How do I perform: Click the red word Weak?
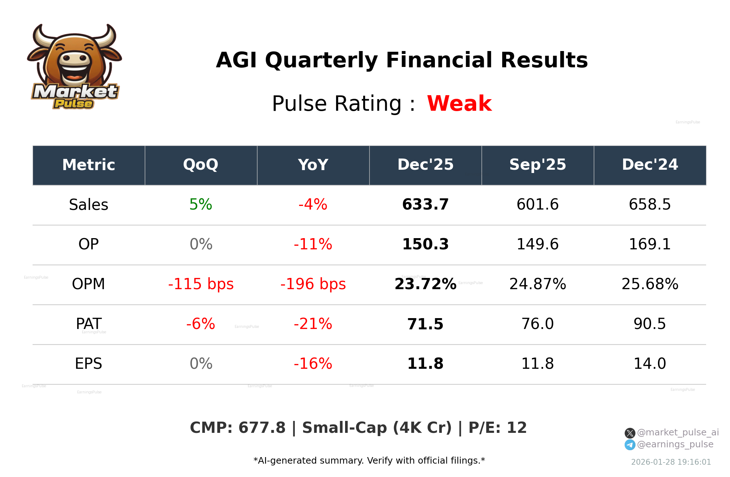pos(459,104)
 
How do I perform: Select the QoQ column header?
pos(201,165)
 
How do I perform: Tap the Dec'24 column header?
pos(650,165)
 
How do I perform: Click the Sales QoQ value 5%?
pos(201,205)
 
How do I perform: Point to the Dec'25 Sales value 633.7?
pos(425,205)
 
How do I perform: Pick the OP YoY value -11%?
pos(313,245)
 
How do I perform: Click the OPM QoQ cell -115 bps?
pos(201,284)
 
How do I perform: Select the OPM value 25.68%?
pos(650,284)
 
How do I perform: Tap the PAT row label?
pos(89,324)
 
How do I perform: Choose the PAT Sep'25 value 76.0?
pos(537,324)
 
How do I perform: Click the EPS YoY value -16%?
pos(313,364)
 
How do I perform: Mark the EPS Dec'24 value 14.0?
pos(650,364)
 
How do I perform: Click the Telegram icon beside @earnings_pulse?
pos(630,445)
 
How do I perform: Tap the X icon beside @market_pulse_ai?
pos(630,433)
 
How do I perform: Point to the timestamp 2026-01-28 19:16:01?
pos(671,462)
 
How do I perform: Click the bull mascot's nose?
pos(75,59)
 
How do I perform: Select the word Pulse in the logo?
pos(74,104)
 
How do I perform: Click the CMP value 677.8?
pos(262,428)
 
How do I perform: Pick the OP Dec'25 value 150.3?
pos(425,245)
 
